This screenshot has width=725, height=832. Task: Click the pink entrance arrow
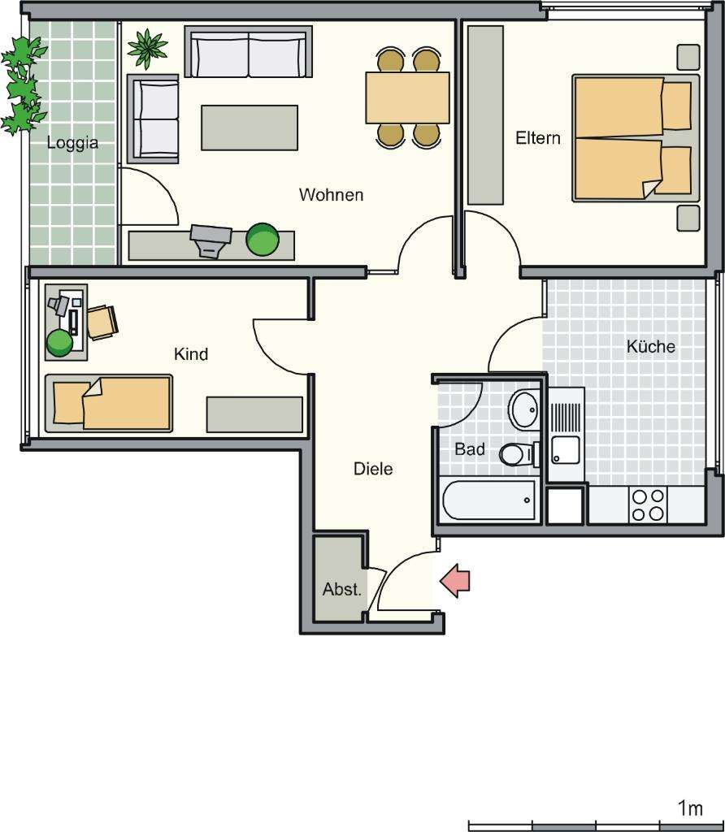coord(456,581)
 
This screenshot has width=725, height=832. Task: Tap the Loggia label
coord(72,143)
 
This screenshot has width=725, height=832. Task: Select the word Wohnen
coord(331,195)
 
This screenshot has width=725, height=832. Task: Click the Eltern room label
coord(537,138)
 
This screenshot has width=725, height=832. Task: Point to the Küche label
coord(650,347)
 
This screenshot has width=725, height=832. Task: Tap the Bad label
coord(470,448)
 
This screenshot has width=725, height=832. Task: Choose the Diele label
coord(373,469)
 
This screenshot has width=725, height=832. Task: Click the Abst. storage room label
coord(341,590)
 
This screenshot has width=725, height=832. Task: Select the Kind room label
coord(191,354)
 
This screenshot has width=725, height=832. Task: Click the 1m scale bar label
coord(689,808)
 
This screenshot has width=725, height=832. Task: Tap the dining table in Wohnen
coord(407,97)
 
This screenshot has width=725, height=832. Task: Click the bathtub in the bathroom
coord(489,500)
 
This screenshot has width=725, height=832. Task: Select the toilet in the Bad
coord(515,454)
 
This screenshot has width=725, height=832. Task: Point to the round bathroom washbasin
coord(524,409)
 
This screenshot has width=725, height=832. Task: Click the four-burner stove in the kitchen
coord(648,505)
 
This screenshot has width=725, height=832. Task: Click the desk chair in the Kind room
coord(102,321)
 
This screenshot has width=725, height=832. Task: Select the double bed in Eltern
coord(635,138)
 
